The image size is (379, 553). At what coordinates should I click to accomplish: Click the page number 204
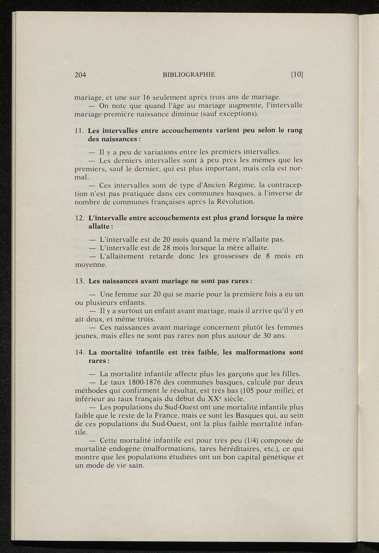(80, 75)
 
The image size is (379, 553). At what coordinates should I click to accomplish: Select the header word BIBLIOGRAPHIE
(189, 74)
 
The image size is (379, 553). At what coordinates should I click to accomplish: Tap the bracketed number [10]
(297, 74)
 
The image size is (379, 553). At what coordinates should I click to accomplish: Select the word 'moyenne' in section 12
(91, 265)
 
